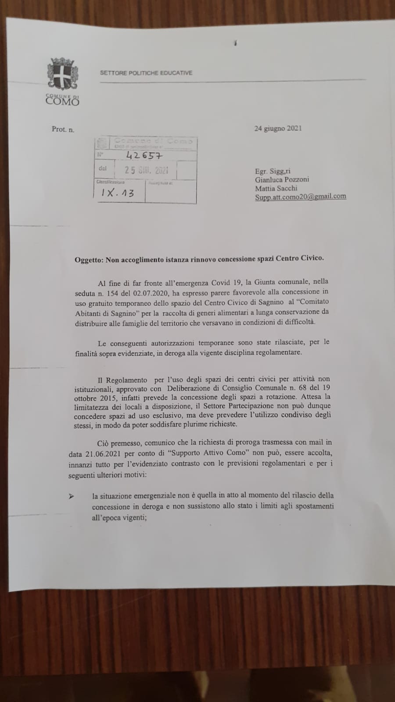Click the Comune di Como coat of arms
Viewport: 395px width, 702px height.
pos(63,74)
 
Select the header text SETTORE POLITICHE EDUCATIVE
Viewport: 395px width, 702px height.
pos(146,73)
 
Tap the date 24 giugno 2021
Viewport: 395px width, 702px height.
pos(278,129)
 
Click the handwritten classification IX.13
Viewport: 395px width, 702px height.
pos(118,193)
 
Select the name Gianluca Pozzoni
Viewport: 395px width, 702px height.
pos(282,179)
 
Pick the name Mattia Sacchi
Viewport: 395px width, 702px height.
pos(276,188)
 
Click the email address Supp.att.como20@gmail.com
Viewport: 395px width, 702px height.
pos(300,197)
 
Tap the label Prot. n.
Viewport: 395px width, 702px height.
pos(63,129)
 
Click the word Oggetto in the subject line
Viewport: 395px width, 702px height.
pos(89,259)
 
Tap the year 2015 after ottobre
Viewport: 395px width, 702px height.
pos(103,397)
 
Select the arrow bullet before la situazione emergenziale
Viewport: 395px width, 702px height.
pos(71,496)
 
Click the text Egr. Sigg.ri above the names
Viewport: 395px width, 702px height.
pos(273,171)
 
